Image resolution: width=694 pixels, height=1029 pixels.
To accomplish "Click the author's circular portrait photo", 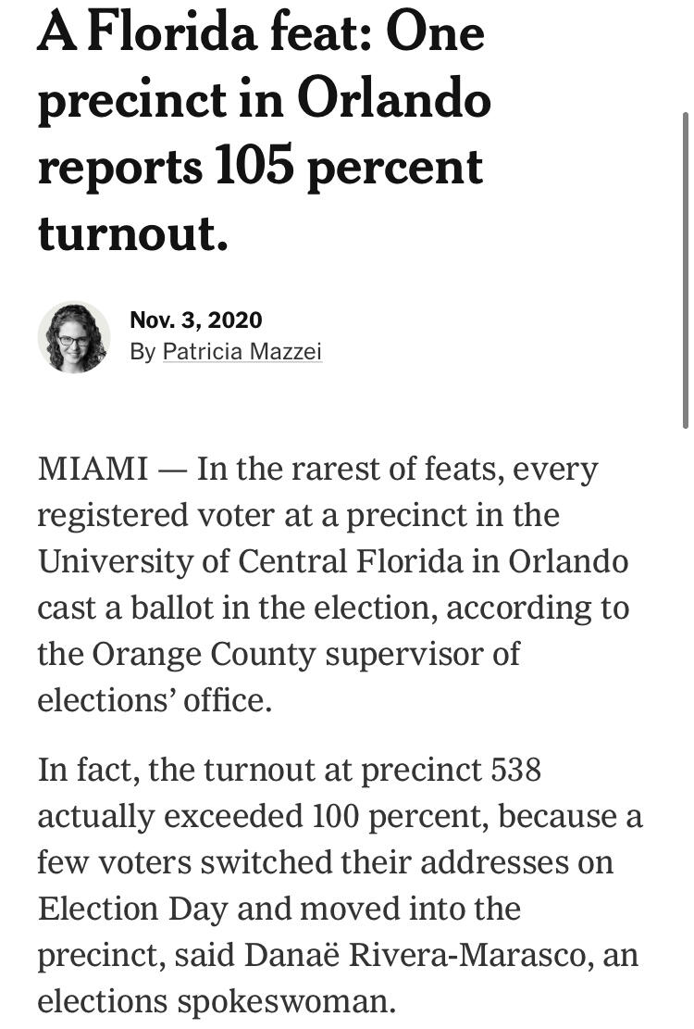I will point(74,337).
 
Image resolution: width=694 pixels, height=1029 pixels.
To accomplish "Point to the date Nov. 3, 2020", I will point(196,320).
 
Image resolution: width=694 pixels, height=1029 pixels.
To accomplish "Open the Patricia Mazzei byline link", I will point(242,352).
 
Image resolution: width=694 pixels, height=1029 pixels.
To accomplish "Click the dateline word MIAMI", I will point(92,470).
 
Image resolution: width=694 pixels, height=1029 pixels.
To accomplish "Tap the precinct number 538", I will point(516,771).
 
